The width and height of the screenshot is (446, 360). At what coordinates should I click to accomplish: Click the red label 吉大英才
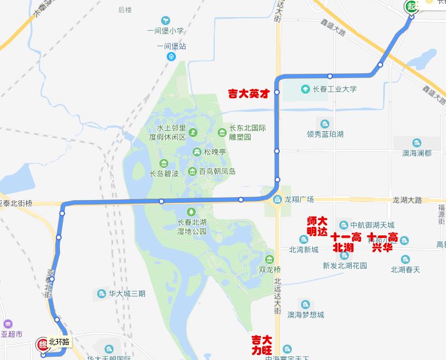(x=248, y=93)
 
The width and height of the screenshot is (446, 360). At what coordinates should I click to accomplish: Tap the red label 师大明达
(x=318, y=226)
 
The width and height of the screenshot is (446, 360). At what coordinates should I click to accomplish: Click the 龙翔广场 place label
(x=300, y=199)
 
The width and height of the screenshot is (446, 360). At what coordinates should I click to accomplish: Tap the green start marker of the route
(x=411, y=6)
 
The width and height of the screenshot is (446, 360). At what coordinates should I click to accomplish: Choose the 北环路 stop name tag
(x=59, y=342)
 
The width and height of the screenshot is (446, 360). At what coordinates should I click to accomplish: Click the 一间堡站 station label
(x=171, y=47)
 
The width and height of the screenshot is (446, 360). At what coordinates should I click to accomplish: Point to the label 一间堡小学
(x=165, y=31)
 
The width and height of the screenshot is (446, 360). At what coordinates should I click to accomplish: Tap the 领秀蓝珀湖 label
(x=325, y=134)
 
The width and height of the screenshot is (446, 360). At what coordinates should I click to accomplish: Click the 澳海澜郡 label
(x=417, y=153)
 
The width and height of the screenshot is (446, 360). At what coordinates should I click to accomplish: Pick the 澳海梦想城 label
(x=306, y=314)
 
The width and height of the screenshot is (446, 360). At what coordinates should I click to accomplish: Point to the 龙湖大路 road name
(x=407, y=200)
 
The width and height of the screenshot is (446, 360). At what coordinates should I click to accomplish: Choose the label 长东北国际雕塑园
(x=248, y=133)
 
